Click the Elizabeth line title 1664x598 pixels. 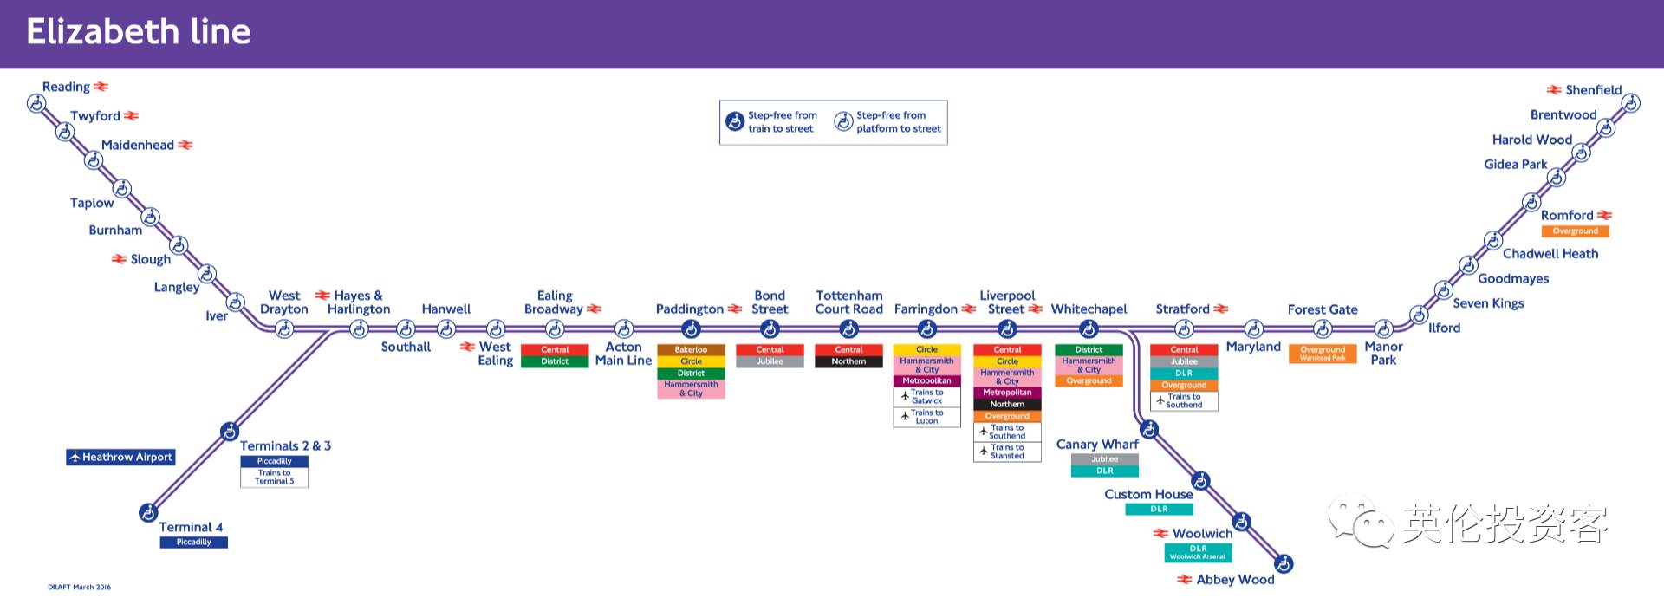click(139, 32)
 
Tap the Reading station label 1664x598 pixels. click(66, 87)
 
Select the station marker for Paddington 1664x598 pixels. click(691, 329)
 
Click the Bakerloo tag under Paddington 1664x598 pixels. click(691, 350)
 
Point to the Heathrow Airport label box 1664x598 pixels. click(121, 457)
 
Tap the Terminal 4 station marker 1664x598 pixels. click(148, 512)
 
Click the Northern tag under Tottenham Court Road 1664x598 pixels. click(848, 361)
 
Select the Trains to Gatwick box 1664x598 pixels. click(926, 397)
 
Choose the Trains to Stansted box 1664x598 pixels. click(1007, 452)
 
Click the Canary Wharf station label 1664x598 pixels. click(1097, 445)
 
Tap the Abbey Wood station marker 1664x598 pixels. click(1284, 564)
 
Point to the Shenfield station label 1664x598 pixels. click(1593, 90)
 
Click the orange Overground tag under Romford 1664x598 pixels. click(1575, 231)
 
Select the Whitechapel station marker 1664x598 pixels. click(1089, 329)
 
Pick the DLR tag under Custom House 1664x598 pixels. click(1159, 510)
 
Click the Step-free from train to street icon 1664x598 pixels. click(735, 121)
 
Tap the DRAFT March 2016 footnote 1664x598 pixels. click(80, 587)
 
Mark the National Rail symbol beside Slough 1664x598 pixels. click(120, 259)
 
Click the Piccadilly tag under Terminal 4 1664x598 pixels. click(193, 543)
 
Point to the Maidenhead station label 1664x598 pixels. click(137, 146)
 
